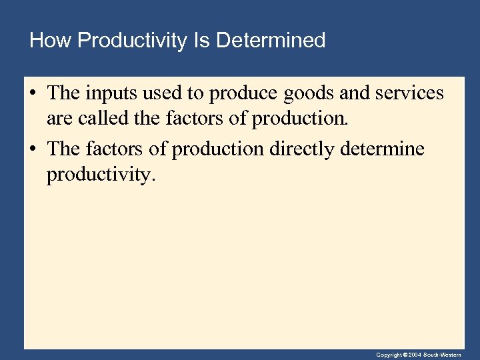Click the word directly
coord(302,149)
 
